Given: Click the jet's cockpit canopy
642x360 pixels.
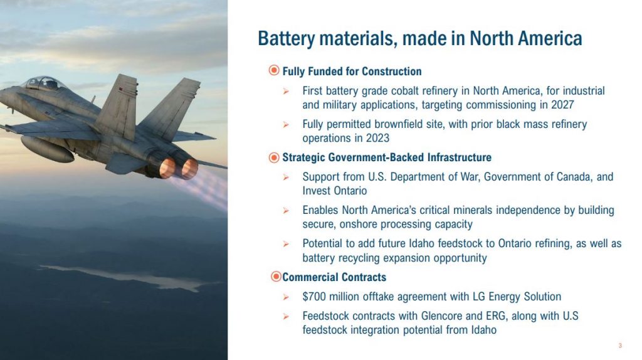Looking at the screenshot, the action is tap(45, 83).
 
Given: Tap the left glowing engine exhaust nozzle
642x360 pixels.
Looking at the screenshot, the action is tap(167, 168).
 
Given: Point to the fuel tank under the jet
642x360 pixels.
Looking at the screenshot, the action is tap(47, 149).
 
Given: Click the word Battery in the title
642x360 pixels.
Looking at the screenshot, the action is tap(286, 38).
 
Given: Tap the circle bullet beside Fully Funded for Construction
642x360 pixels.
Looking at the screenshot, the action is tap(274, 70).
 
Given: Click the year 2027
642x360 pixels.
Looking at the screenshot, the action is tap(562, 105).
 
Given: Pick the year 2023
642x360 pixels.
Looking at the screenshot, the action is tap(377, 138).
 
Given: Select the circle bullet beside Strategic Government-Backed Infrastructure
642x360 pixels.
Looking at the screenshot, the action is tap(274, 157).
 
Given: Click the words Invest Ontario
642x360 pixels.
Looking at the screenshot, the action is tap(335, 191).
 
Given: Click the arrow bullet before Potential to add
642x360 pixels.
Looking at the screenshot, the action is tap(286, 244).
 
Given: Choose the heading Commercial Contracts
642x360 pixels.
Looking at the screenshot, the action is tap(334, 277).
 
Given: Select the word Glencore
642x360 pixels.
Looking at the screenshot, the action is tap(441, 315).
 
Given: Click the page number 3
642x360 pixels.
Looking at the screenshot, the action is tap(620, 346).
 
